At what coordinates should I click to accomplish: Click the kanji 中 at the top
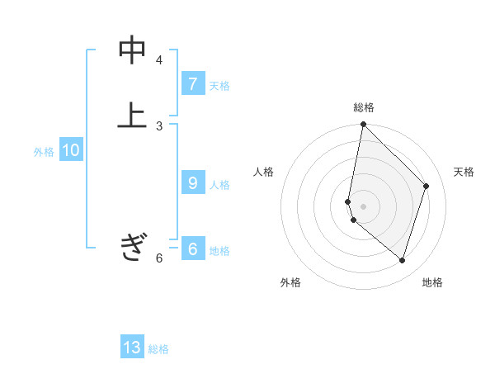pos(132,50)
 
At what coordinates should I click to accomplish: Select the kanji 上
pos(132,116)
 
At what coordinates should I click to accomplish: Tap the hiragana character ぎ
pos(132,247)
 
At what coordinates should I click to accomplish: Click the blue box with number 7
pos(192,84)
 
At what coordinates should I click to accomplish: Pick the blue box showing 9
pos(192,183)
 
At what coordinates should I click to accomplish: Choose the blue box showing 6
pos(192,249)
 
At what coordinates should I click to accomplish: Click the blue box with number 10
pos(70,151)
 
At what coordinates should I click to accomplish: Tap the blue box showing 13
pos(132,348)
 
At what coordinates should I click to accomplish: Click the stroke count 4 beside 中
pos(159,60)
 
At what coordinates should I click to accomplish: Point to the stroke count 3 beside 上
pos(159,125)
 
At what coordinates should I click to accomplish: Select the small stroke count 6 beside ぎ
pos(159,258)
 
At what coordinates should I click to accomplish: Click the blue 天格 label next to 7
pos(219,86)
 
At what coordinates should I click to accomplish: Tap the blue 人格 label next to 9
pos(219,185)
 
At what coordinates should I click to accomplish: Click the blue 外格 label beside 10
pos(43,152)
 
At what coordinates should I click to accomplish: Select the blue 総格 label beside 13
pos(158,349)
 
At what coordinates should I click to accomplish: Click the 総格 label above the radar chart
pos(363,107)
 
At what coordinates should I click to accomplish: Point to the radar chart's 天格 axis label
pos(464,172)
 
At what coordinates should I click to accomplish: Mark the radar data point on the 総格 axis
pos(363,125)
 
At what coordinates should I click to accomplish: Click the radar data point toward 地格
pos(402,260)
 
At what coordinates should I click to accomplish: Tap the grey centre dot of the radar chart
pos(363,206)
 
